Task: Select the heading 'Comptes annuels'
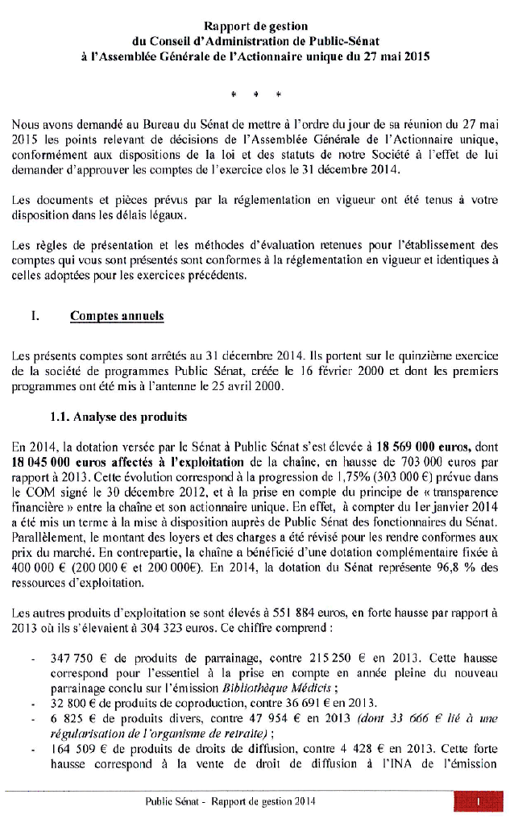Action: [x=117, y=316]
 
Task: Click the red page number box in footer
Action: [x=478, y=802]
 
